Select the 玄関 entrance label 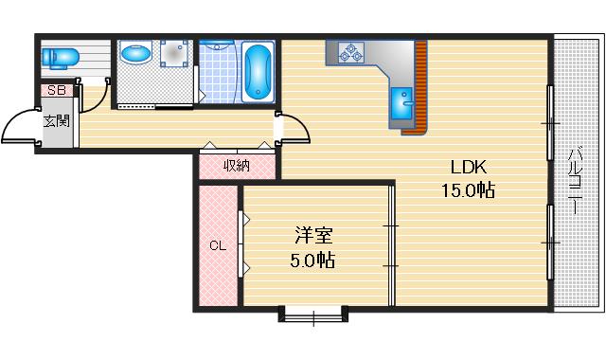point(56,120)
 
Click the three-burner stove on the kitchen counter point(348,53)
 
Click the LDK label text point(468,168)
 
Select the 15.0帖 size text point(468,189)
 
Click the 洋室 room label point(312,234)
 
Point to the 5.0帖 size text point(312,257)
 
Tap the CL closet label point(218,247)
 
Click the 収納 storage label point(237,165)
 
